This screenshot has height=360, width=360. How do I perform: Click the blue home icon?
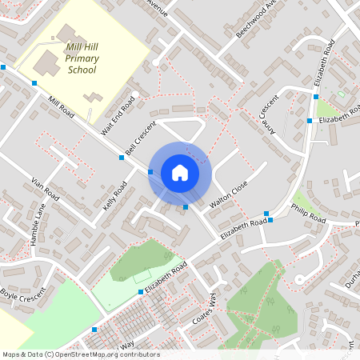tap(180, 173)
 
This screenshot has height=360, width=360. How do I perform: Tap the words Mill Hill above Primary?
tap(82, 48)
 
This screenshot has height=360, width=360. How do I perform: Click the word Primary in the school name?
tap(82, 58)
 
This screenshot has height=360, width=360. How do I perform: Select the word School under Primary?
tap(82, 70)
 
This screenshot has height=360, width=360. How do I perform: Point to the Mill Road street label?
tap(61, 106)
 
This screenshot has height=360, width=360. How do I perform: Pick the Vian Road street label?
tap(45, 189)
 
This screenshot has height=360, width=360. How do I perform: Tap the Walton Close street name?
tap(229, 196)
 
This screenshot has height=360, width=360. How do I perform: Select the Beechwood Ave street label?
tap(256, 18)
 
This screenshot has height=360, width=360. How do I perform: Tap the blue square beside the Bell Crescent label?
tap(122, 158)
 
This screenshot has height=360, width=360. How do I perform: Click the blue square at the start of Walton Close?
tap(186, 207)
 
